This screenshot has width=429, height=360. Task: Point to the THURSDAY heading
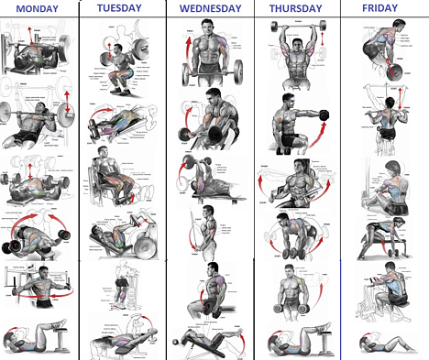click(297, 8)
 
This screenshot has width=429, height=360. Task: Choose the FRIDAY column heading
click(382, 8)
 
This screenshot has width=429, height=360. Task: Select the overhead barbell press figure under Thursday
click(295, 50)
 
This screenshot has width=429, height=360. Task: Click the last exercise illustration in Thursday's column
click(295, 338)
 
